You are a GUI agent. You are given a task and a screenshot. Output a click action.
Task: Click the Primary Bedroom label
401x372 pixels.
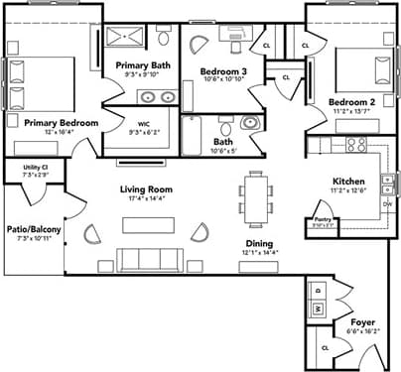pos(54,122)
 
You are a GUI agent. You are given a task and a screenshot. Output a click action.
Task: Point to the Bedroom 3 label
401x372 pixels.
pos(220,72)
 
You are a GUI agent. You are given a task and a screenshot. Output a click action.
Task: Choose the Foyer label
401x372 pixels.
pos(363,324)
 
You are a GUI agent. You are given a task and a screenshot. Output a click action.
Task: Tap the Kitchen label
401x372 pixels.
pos(348,182)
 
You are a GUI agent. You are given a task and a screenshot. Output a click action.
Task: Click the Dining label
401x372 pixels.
pos(260,243)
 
